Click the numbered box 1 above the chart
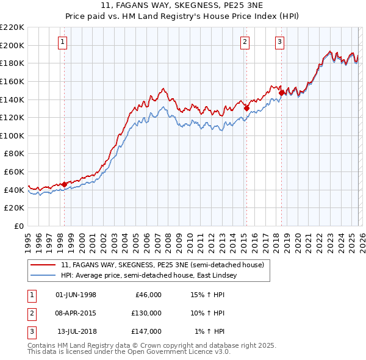click(64, 42)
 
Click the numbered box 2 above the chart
click(245, 42)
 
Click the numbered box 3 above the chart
click(279, 42)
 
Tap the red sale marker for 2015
click(246, 108)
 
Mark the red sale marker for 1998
click(65, 184)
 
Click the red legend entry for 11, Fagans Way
click(162, 265)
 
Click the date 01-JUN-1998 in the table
click(76, 295)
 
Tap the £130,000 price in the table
click(146, 313)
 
